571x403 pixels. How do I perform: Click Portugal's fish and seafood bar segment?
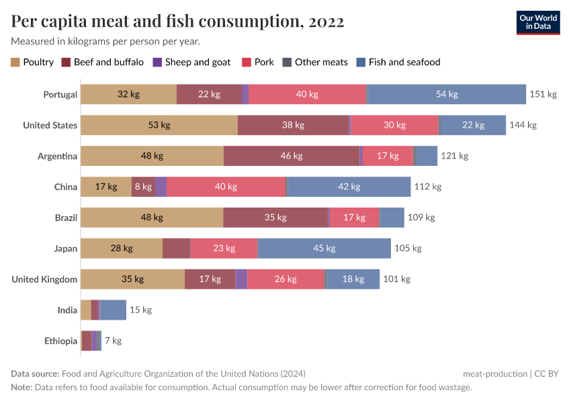pos(447,94)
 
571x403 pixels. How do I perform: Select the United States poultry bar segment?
pos(159,125)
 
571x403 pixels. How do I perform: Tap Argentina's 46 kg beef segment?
pos(292,156)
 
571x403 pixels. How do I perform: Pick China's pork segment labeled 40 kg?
pos(226,187)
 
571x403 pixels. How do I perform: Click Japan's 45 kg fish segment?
pos(324,249)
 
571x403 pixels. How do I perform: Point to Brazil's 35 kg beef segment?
pos(275,218)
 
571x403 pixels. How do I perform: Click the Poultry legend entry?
pos(32,62)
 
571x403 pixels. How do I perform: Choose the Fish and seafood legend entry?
pos(398,62)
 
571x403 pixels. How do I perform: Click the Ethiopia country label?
pos(61,341)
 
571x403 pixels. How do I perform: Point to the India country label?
pos(67,310)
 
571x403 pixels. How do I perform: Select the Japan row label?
pos(66,249)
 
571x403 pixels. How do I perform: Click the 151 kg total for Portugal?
pos(543,94)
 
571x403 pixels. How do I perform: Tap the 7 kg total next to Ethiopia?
pos(113,341)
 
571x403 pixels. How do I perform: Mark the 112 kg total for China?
pos(428,187)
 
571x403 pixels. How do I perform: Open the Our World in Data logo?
pos(538,22)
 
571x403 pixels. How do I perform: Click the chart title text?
pos(178,21)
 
